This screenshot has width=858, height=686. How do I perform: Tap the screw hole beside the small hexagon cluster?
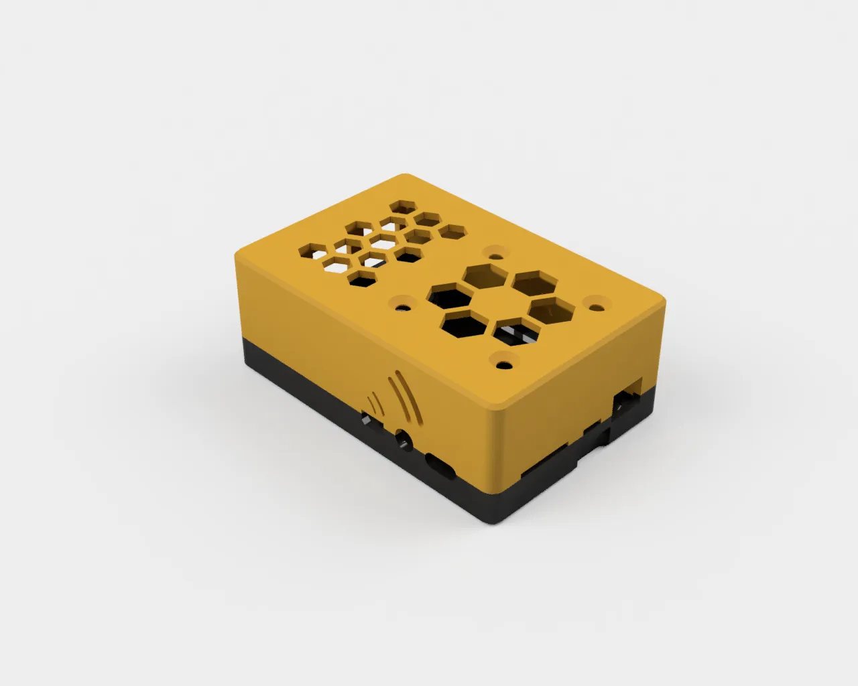(403, 306)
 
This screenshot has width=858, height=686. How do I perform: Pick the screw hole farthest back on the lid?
(496, 254)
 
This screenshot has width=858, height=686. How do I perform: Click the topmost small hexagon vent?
(403, 205)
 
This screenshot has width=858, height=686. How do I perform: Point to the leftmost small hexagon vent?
(313, 251)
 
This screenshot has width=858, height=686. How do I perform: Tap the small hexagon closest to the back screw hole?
(452, 232)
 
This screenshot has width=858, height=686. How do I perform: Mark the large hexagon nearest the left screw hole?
(447, 295)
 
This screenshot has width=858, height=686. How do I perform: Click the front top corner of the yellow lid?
(496, 409)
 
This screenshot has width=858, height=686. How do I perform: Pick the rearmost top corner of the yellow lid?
(406, 175)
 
